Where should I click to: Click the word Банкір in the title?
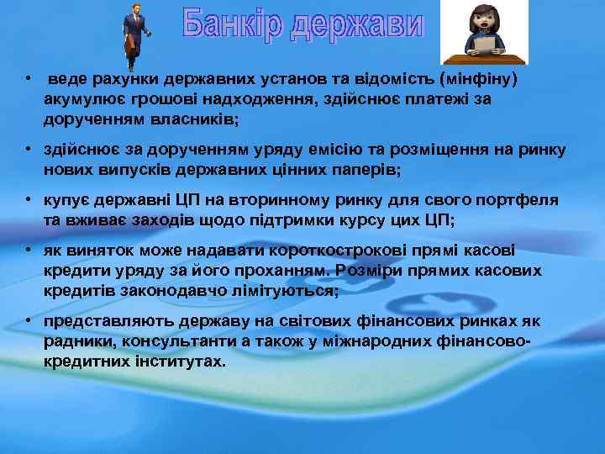coord(234,27)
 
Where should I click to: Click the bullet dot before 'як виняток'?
coord(29,251)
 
